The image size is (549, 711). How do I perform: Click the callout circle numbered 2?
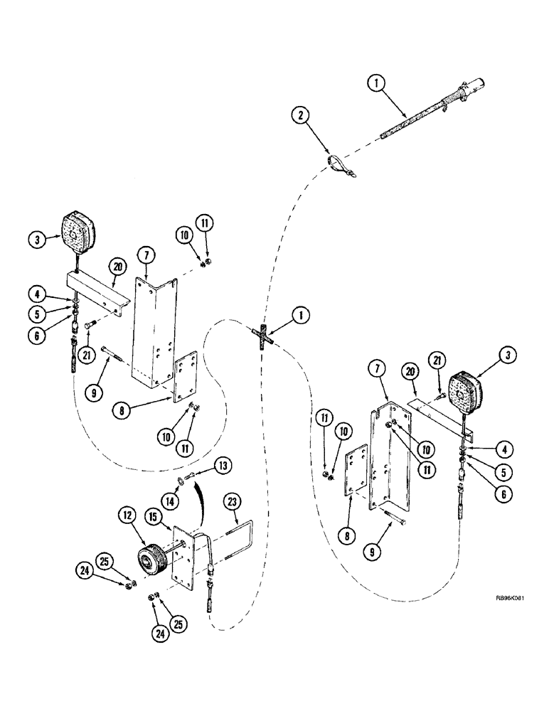click(x=303, y=115)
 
